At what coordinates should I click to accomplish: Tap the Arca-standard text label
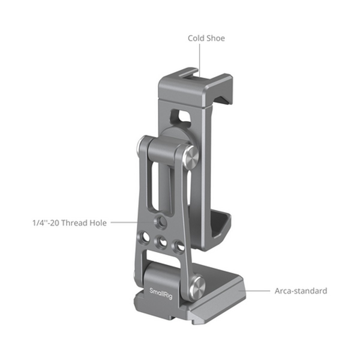(301, 291)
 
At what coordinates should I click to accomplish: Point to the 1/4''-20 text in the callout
(46, 223)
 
